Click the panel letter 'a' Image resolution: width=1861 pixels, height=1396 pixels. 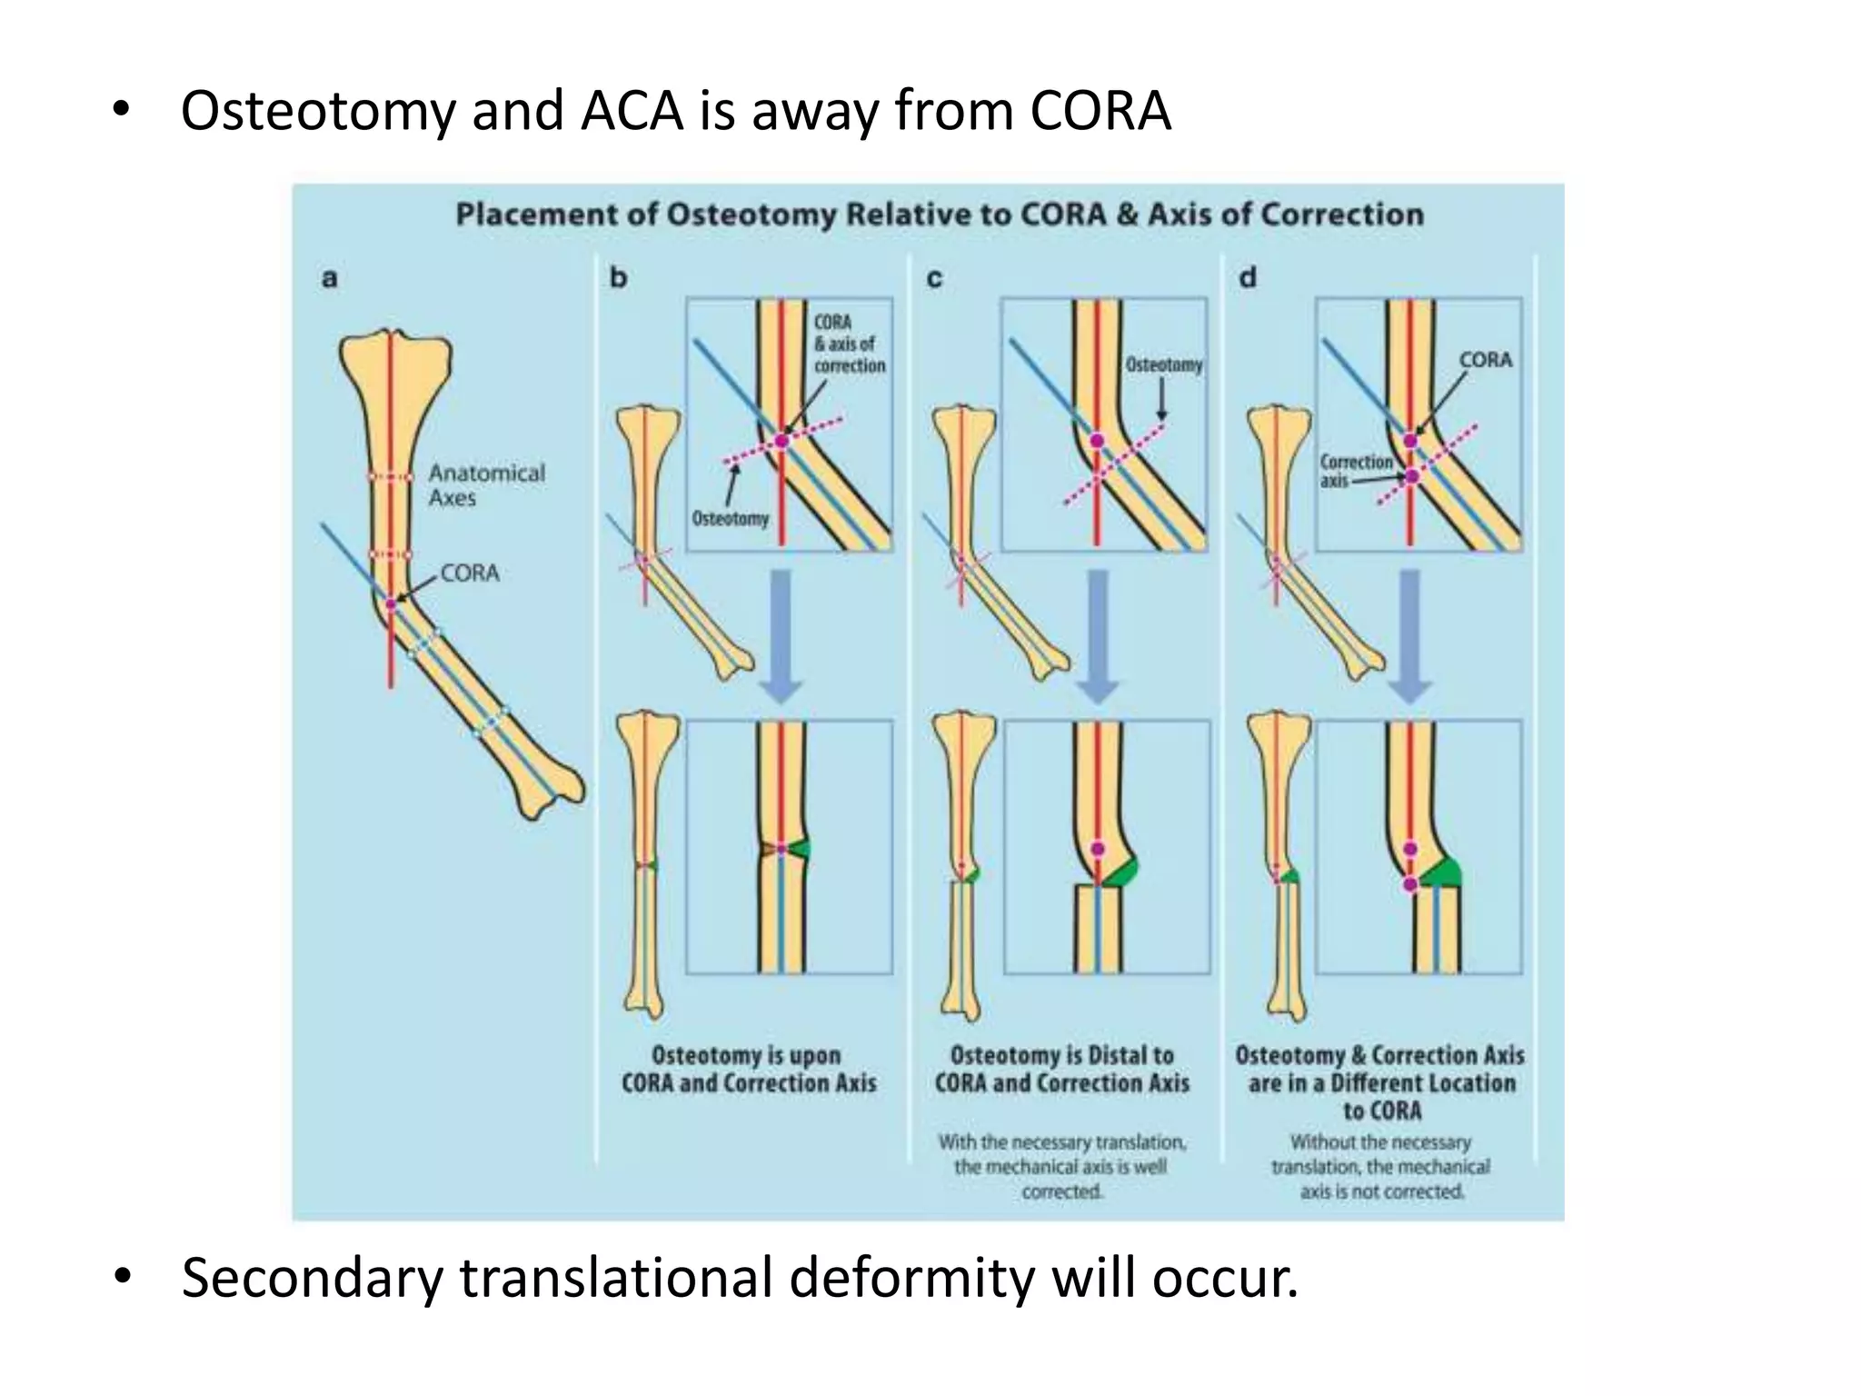[330, 277]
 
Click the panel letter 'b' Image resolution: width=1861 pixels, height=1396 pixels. [619, 277]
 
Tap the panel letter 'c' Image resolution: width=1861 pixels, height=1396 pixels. [934, 277]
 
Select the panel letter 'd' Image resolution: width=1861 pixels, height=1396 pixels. [1248, 277]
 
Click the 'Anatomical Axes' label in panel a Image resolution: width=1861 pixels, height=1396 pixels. [486, 485]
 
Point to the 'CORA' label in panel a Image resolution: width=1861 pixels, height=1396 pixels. [470, 573]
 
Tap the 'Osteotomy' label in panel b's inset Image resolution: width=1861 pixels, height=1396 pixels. [730, 519]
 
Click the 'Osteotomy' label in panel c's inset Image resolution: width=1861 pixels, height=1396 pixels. [1164, 364]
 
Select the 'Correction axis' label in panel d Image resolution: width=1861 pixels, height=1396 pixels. [1355, 471]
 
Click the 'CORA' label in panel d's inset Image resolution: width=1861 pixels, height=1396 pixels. [1486, 360]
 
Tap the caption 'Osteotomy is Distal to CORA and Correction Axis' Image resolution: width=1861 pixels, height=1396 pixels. [1061, 1069]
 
